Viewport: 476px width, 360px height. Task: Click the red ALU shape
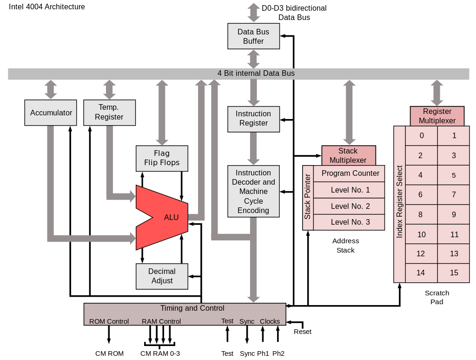tap(167, 217)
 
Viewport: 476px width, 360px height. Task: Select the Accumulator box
tap(51, 113)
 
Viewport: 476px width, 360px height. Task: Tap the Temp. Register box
tap(109, 113)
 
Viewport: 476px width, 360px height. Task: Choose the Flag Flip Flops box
tap(162, 158)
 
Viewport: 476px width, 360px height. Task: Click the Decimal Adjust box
tap(162, 276)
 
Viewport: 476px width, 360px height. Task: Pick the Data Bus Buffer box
tap(253, 36)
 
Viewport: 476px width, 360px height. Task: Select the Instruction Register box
tap(253, 119)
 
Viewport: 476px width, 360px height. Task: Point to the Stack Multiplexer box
tap(348, 155)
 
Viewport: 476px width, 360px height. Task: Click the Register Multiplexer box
tap(437, 116)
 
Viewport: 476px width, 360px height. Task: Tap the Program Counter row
tap(350, 173)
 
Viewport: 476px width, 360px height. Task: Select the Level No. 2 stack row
tap(350, 206)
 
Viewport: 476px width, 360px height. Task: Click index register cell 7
tap(454, 194)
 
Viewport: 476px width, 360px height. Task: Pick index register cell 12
tap(421, 254)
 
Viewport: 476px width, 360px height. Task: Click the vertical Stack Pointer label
tap(308, 197)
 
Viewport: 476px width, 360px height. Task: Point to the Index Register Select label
tap(399, 202)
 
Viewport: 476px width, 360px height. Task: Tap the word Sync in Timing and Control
tap(247, 321)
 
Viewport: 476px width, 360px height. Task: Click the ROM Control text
tap(109, 321)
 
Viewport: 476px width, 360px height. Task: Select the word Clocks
tap(270, 321)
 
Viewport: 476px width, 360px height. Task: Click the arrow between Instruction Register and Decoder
tap(253, 148)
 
